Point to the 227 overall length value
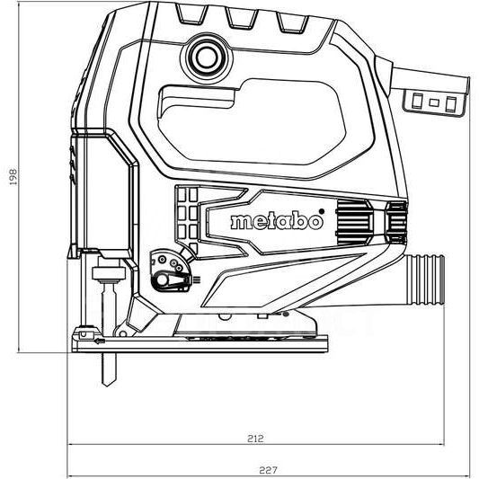click(x=269, y=469)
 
